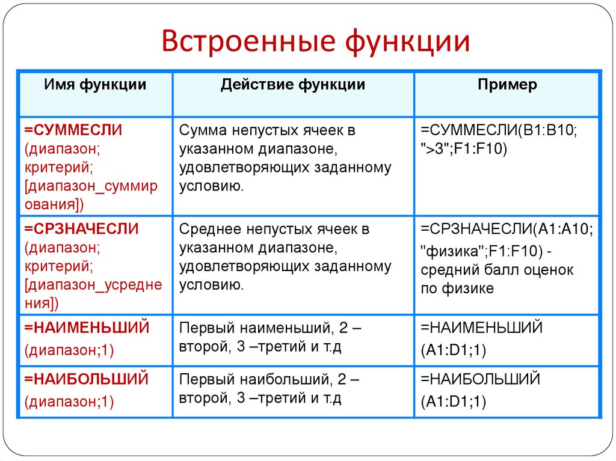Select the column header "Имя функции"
pos(95,85)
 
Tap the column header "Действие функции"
pos(292,85)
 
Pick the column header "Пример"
pos(507,85)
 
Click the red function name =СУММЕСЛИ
pos(73,130)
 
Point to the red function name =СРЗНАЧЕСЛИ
pos(81,229)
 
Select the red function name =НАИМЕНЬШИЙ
pos(86,328)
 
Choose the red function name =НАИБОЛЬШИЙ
pos(85,379)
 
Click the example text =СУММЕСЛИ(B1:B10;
pos(499,130)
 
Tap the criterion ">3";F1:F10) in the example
pos(464,148)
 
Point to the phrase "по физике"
pos(457,289)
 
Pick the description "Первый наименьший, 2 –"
pos(269,328)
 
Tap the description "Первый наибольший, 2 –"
pos(269,379)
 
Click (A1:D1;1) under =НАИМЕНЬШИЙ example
pos(454,350)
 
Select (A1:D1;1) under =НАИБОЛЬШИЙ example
pos(454,401)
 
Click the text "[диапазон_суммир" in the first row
pos(91,186)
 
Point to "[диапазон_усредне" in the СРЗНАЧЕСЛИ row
pos(93,284)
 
